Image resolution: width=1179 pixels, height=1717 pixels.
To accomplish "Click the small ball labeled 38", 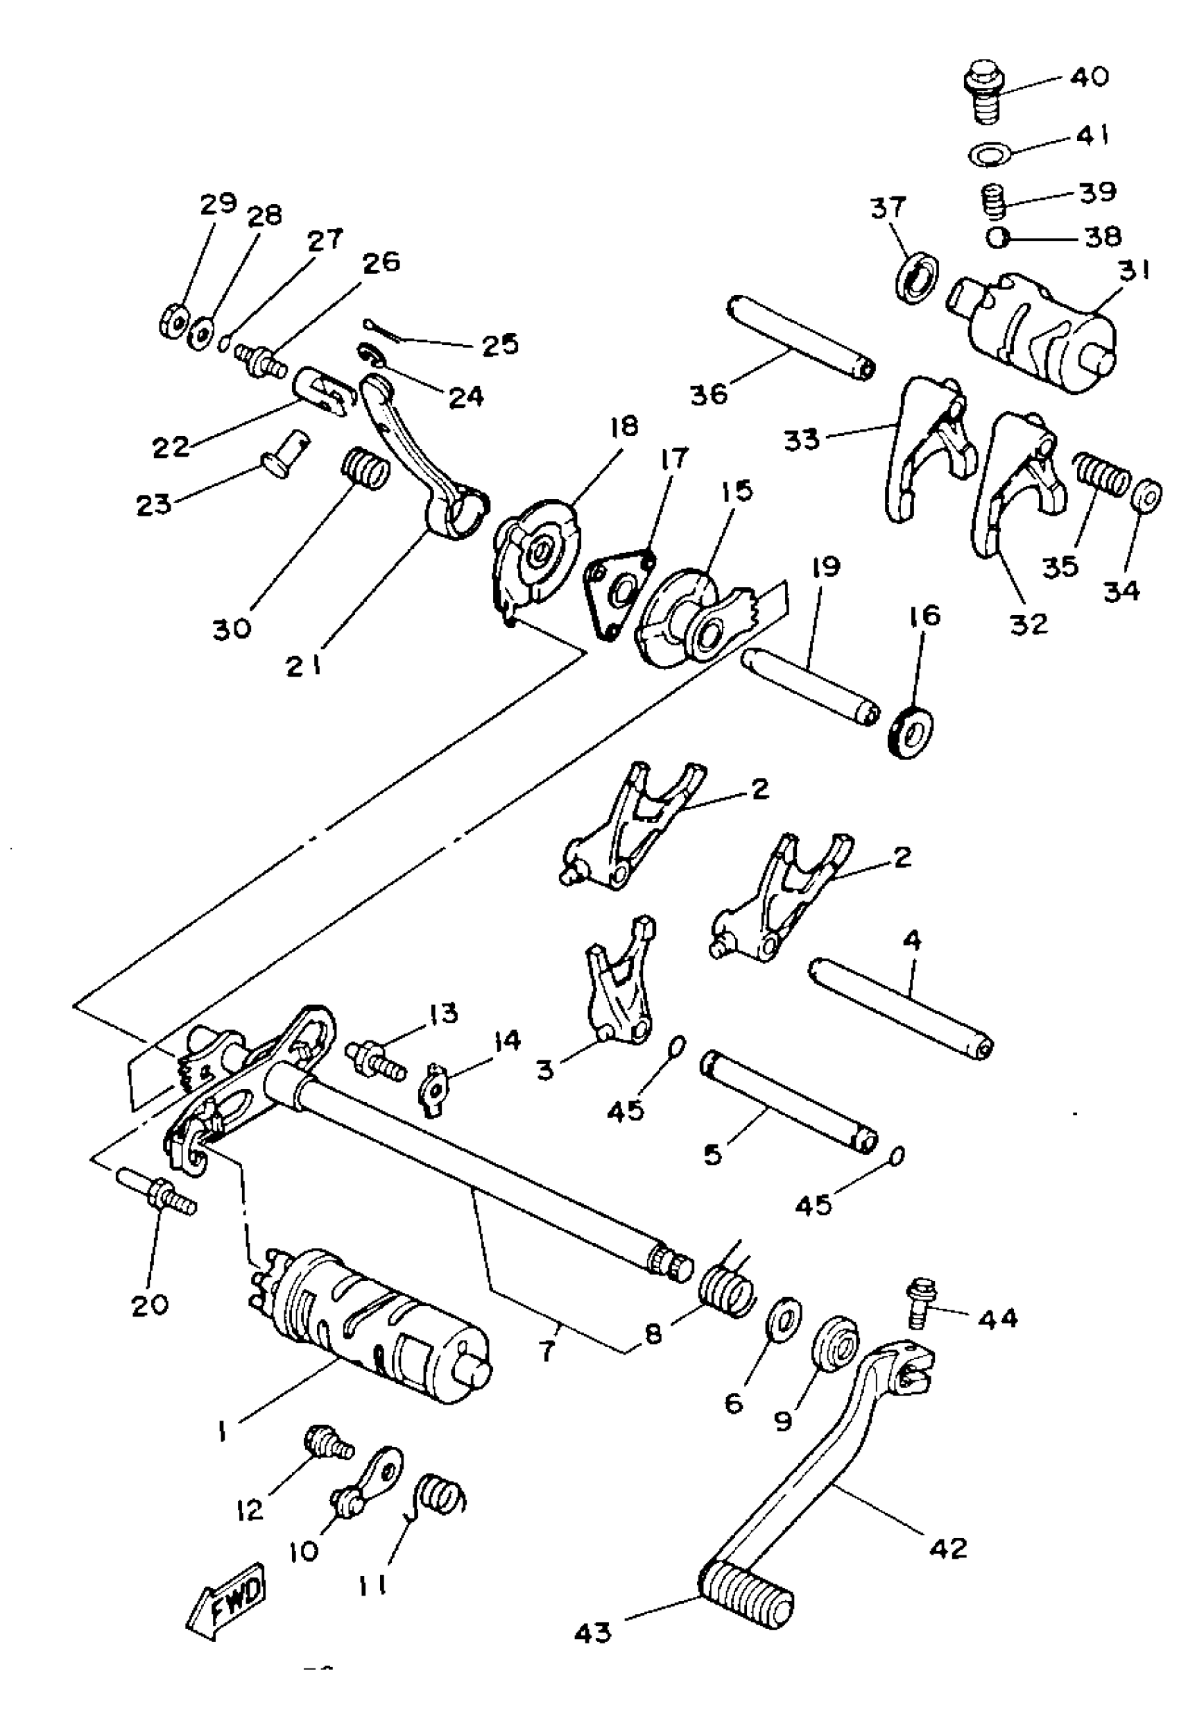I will click(x=999, y=238).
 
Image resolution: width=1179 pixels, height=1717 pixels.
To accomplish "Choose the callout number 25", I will click(x=500, y=345).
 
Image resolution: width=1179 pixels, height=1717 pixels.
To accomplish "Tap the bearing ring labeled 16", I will click(x=910, y=731).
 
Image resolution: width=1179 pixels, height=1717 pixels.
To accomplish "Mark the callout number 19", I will click(x=829, y=568).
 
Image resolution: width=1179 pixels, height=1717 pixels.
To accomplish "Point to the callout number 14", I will click(x=506, y=1042).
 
